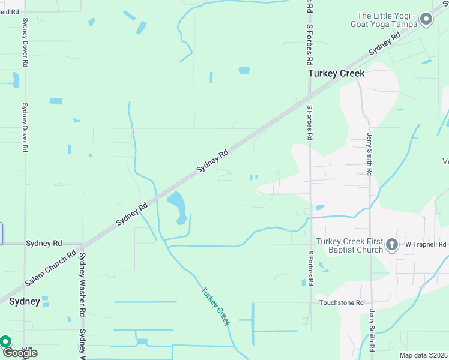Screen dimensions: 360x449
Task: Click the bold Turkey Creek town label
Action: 336,73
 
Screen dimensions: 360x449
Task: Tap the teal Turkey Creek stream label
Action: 215,306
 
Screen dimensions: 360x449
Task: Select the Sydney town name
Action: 25,301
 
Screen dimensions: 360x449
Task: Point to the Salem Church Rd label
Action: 50,268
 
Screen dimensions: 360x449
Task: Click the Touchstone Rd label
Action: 342,303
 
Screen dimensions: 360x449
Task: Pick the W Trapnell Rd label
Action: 426,244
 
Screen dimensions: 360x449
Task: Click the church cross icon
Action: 391,244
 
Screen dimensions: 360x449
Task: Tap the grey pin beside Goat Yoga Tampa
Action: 426,19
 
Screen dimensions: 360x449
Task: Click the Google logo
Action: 20,352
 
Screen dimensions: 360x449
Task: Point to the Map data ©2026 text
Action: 423,355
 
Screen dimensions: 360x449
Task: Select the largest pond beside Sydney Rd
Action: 178,206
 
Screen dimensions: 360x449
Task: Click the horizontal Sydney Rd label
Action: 44,243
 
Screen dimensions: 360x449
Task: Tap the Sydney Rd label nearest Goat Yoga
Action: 385,44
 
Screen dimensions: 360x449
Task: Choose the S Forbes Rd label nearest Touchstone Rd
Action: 310,268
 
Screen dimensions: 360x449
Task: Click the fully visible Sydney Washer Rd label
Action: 82,284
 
